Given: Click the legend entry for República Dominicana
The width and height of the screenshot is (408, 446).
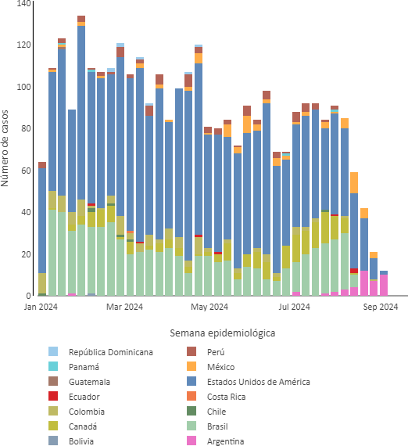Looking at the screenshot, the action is coord(101,352).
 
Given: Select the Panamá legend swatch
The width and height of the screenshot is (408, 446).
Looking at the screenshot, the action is coord(53,366).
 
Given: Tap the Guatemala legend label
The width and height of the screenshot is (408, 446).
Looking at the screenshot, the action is coord(89,382).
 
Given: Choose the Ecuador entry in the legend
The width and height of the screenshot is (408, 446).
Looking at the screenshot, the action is coord(74,396).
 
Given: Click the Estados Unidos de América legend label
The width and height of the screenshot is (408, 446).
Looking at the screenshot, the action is coord(258,382).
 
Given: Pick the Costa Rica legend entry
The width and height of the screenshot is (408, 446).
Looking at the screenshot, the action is coord(217,396).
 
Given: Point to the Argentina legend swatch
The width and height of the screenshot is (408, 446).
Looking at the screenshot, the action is coord(191,441).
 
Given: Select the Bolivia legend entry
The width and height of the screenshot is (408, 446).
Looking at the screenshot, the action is coord(71,441).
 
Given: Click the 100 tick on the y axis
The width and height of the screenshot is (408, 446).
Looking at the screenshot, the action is coord(23,87).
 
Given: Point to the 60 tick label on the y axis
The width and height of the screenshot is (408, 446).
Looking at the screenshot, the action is coord(26,171).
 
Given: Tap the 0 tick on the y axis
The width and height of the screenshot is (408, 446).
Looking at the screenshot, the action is coord(28,296).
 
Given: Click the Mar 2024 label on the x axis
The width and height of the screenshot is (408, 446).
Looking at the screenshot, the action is coord(124,307).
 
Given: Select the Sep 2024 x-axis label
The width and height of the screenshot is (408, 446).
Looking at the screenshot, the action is coord(381,307).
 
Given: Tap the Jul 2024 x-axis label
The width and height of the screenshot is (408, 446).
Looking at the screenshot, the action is coord(294,307).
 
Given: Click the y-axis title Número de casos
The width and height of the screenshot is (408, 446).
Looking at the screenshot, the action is coord(5,148).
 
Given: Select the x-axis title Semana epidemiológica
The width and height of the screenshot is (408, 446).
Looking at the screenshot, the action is coord(223,333).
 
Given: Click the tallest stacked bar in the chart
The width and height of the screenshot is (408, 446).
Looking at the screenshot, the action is coord(81,156).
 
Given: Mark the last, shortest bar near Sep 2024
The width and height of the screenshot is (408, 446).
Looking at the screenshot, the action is coord(384,283).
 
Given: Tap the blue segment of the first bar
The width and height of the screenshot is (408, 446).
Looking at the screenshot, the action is coord(42,221).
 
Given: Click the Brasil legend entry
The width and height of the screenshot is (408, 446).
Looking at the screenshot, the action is coord(207,426).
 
